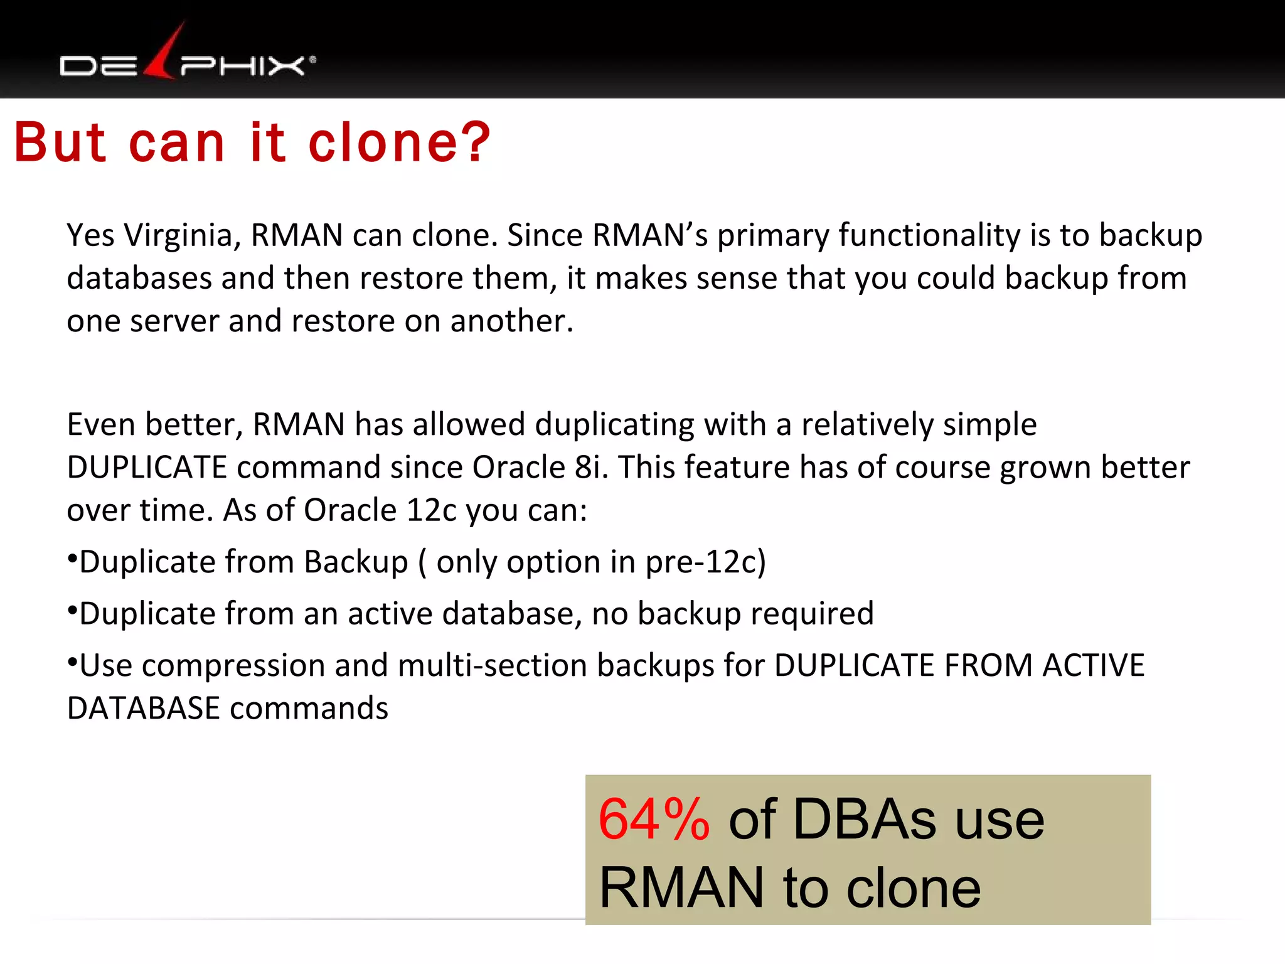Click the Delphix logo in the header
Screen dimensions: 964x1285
point(187,60)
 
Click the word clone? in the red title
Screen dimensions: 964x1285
point(399,143)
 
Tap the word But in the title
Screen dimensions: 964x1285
point(60,143)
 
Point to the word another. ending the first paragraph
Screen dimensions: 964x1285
point(511,321)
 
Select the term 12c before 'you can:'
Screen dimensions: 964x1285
point(432,510)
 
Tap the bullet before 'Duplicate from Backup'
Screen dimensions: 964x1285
point(72,558)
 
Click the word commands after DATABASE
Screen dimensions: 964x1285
point(309,709)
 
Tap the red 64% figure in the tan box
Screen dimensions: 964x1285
point(654,820)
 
